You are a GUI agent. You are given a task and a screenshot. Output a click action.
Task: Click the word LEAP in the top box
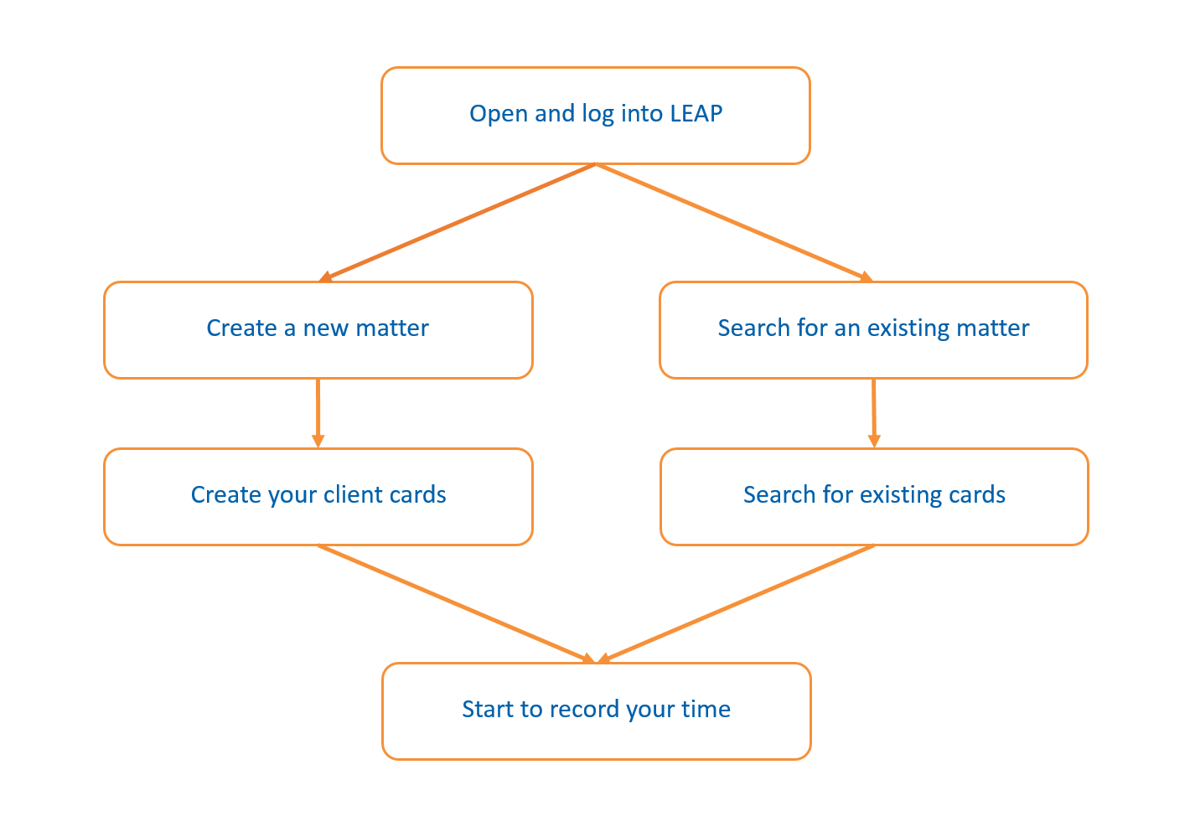coord(696,114)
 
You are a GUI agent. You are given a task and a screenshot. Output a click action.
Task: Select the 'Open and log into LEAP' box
coord(595,138)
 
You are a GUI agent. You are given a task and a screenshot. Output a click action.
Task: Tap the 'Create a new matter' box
coord(318,352)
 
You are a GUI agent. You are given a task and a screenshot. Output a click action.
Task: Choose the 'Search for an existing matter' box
coord(873,352)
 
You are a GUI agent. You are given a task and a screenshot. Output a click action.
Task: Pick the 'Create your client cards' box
coord(318,519)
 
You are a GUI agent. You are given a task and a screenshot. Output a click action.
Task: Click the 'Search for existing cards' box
coord(874,519)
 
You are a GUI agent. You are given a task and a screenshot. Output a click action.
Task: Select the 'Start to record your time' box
coord(596,734)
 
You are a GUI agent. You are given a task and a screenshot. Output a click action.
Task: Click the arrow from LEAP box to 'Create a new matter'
coord(458,222)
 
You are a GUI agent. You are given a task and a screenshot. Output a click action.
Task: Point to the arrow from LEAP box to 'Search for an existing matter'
coord(734,222)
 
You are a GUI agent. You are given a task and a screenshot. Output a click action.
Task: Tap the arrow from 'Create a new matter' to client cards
coord(318,412)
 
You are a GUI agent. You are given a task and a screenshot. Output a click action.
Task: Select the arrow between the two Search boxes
coord(874,412)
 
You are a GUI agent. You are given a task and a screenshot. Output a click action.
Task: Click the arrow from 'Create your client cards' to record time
coord(457,604)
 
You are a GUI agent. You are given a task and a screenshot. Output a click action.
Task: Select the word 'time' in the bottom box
coord(706,710)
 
